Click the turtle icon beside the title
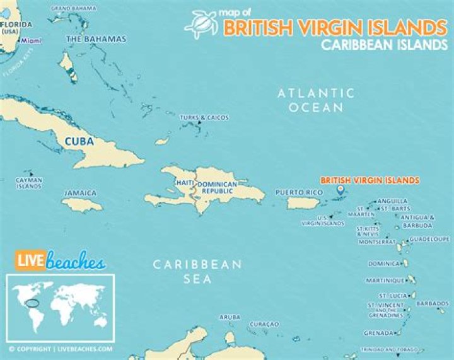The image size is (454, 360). coord(201,23)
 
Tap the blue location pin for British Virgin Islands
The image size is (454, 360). coord(340,189)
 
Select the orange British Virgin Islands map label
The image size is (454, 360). coord(370,180)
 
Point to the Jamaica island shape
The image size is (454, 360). coord(82,205)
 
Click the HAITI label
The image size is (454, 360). coord(185,183)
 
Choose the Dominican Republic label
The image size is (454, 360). coord(217,187)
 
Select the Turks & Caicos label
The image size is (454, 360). coord(204,118)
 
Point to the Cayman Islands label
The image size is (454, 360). coord(29,183)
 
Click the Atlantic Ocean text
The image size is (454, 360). coord(317,100)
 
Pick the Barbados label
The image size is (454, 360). coord(433,303)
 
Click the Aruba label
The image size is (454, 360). coord(230,316)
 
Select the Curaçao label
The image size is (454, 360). coord(265,323)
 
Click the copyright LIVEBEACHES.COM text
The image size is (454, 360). coord(61,348)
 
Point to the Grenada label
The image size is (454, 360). coord(379,333)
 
